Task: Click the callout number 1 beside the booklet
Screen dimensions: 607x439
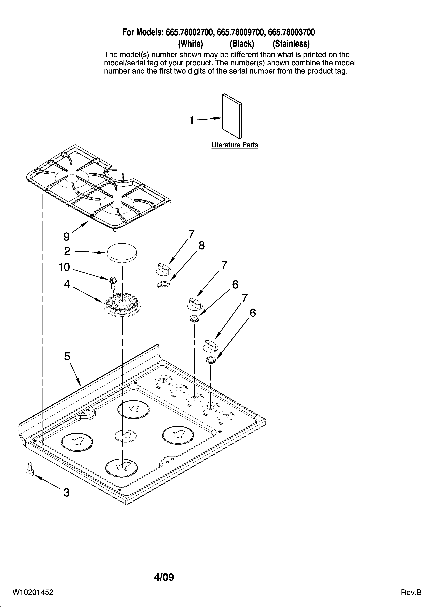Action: point(191,120)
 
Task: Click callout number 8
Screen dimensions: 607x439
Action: point(202,245)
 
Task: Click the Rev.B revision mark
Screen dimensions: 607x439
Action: point(411,593)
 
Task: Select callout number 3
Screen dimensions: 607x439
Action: point(67,493)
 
